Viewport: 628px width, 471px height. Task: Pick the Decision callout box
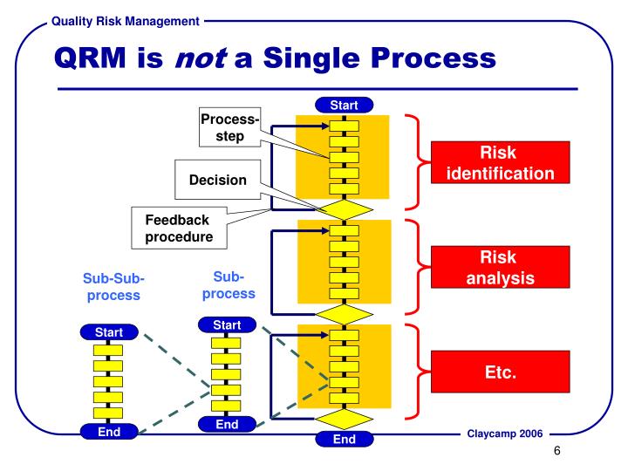[218, 181]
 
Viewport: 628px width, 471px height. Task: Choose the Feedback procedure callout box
[178, 227]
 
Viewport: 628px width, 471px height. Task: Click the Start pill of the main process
[345, 106]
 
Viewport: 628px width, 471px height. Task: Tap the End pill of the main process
[345, 439]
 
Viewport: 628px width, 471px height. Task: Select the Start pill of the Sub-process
[227, 324]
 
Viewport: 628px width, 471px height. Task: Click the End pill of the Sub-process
[227, 424]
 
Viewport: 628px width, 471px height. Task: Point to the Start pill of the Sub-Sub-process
[108, 331]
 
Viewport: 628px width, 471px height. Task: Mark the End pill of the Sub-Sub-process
[108, 431]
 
